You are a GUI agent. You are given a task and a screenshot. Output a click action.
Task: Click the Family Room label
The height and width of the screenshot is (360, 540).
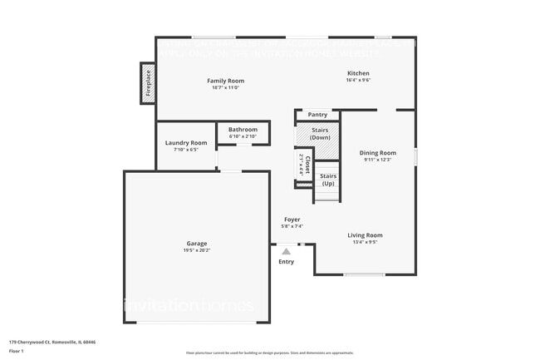click(x=225, y=81)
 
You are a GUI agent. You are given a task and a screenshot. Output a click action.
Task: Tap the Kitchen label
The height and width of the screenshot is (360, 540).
click(x=358, y=73)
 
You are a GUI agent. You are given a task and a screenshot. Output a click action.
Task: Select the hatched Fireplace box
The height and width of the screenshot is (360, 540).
click(x=149, y=84)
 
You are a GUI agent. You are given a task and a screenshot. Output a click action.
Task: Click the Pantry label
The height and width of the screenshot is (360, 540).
click(x=317, y=115)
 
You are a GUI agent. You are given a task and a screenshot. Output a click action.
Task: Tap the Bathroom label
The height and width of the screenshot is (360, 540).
click(x=243, y=130)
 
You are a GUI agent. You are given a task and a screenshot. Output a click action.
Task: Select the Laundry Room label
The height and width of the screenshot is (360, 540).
click(x=185, y=143)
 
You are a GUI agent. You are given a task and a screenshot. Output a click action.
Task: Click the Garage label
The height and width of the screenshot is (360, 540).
click(x=197, y=244)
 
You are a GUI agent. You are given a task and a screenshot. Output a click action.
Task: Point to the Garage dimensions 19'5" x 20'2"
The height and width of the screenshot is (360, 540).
click(x=197, y=250)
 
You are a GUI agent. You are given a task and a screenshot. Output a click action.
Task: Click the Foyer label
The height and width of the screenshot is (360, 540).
click(x=292, y=219)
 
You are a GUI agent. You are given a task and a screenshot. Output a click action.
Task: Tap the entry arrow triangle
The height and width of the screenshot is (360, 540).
click(x=286, y=250)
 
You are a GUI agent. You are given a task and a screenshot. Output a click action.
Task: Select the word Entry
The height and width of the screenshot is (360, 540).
click(x=286, y=262)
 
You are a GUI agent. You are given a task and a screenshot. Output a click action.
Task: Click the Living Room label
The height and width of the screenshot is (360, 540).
click(x=365, y=235)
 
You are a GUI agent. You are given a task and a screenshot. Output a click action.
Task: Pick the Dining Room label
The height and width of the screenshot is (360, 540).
click(x=377, y=153)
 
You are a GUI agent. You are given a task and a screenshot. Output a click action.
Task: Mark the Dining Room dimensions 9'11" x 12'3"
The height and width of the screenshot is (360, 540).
click(x=377, y=160)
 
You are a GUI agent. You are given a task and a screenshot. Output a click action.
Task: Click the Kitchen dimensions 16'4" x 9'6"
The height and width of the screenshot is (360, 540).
click(x=358, y=81)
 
